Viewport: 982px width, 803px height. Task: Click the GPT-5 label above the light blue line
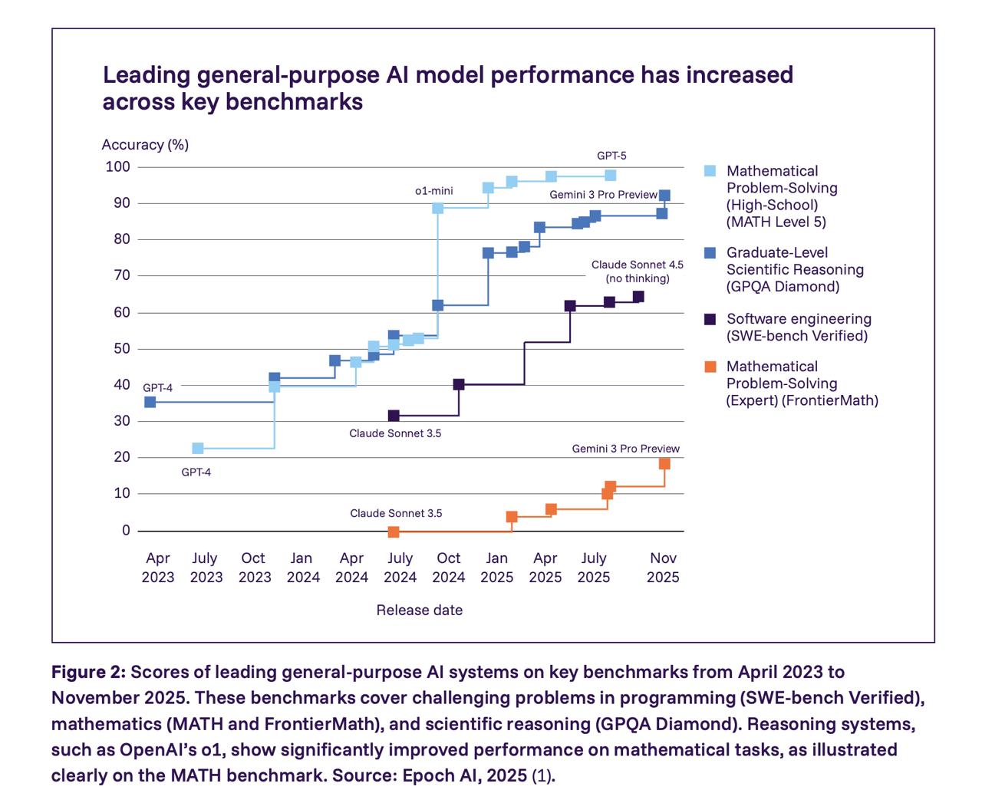pos(611,156)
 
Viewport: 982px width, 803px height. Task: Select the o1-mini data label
pos(433,190)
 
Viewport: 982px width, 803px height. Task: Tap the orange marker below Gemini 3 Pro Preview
pos(664,463)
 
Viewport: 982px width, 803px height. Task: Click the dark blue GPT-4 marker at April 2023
pos(150,402)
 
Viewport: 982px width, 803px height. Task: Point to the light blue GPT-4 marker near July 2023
pos(198,448)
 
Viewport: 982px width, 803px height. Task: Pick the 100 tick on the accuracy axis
pos(118,166)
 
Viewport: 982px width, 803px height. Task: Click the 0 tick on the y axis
pos(126,530)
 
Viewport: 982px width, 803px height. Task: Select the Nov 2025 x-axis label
pos(663,568)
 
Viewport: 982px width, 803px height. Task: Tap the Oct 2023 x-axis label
pos(254,568)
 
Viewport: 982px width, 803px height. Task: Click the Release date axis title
pos(419,610)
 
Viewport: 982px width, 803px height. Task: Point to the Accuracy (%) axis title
pos(145,144)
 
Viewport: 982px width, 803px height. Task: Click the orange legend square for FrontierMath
pos(710,367)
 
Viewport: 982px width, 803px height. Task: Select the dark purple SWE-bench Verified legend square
pos(710,319)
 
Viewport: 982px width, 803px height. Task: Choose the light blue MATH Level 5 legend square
pos(710,171)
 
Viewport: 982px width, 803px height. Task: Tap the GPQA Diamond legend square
pos(710,252)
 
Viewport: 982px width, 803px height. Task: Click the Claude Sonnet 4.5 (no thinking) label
pos(637,272)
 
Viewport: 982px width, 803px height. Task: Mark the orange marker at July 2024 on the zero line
pos(394,531)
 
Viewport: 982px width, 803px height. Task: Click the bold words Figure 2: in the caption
pos(88,673)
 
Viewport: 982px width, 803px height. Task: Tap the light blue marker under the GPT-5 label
pos(611,176)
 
